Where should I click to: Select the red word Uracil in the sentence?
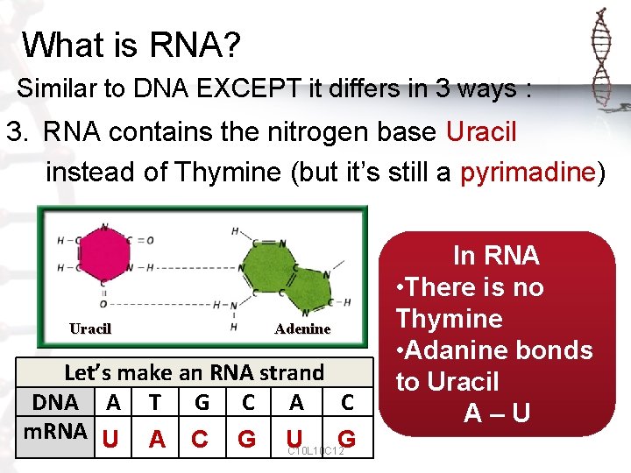(x=481, y=132)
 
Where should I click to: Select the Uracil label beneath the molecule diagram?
(x=89, y=328)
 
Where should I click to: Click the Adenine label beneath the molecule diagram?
(x=302, y=329)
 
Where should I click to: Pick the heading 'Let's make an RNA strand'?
(x=194, y=372)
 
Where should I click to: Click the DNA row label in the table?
(x=58, y=402)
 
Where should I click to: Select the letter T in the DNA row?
(x=155, y=402)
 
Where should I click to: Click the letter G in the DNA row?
(x=202, y=402)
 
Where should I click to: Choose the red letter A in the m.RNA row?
(x=156, y=438)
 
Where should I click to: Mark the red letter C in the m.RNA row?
(x=200, y=438)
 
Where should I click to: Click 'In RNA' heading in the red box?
(x=496, y=256)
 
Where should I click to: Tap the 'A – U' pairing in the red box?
(x=496, y=413)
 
